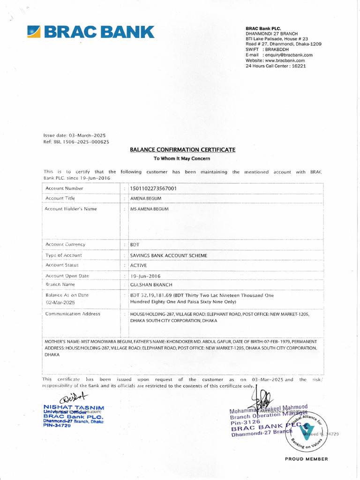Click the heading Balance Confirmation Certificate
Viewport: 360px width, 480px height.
coord(182,150)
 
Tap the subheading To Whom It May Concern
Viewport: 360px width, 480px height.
coord(182,158)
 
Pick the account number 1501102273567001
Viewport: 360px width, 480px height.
coord(153,188)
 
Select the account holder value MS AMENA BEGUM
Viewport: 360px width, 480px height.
coord(149,209)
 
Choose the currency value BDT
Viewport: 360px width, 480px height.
coord(135,245)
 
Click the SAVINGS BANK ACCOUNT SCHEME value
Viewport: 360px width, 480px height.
coord(168,255)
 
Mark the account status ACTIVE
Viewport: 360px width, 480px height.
coord(138,265)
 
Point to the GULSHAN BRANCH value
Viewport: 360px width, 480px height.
coord(151,285)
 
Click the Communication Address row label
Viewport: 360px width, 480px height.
coord(73,314)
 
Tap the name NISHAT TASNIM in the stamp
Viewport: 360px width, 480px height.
coord(74,407)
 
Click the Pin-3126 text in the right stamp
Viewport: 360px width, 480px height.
coord(245,422)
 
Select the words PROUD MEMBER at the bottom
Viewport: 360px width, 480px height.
coord(307,459)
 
